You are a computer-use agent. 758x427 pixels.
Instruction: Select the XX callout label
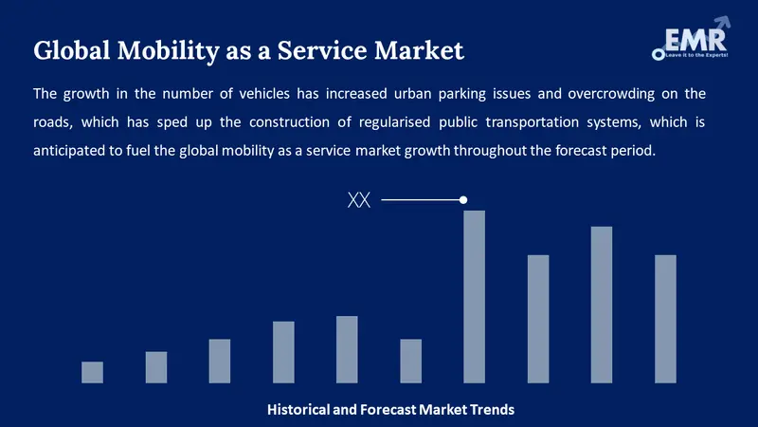tap(359, 200)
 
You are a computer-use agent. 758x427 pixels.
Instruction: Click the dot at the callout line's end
tap(463, 199)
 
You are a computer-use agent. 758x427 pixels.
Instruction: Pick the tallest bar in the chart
tap(474, 296)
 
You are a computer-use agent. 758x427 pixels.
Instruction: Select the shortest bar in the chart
tap(92, 372)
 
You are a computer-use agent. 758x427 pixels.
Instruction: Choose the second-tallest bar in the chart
tap(602, 305)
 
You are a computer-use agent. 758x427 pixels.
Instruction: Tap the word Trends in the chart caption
tap(490, 410)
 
